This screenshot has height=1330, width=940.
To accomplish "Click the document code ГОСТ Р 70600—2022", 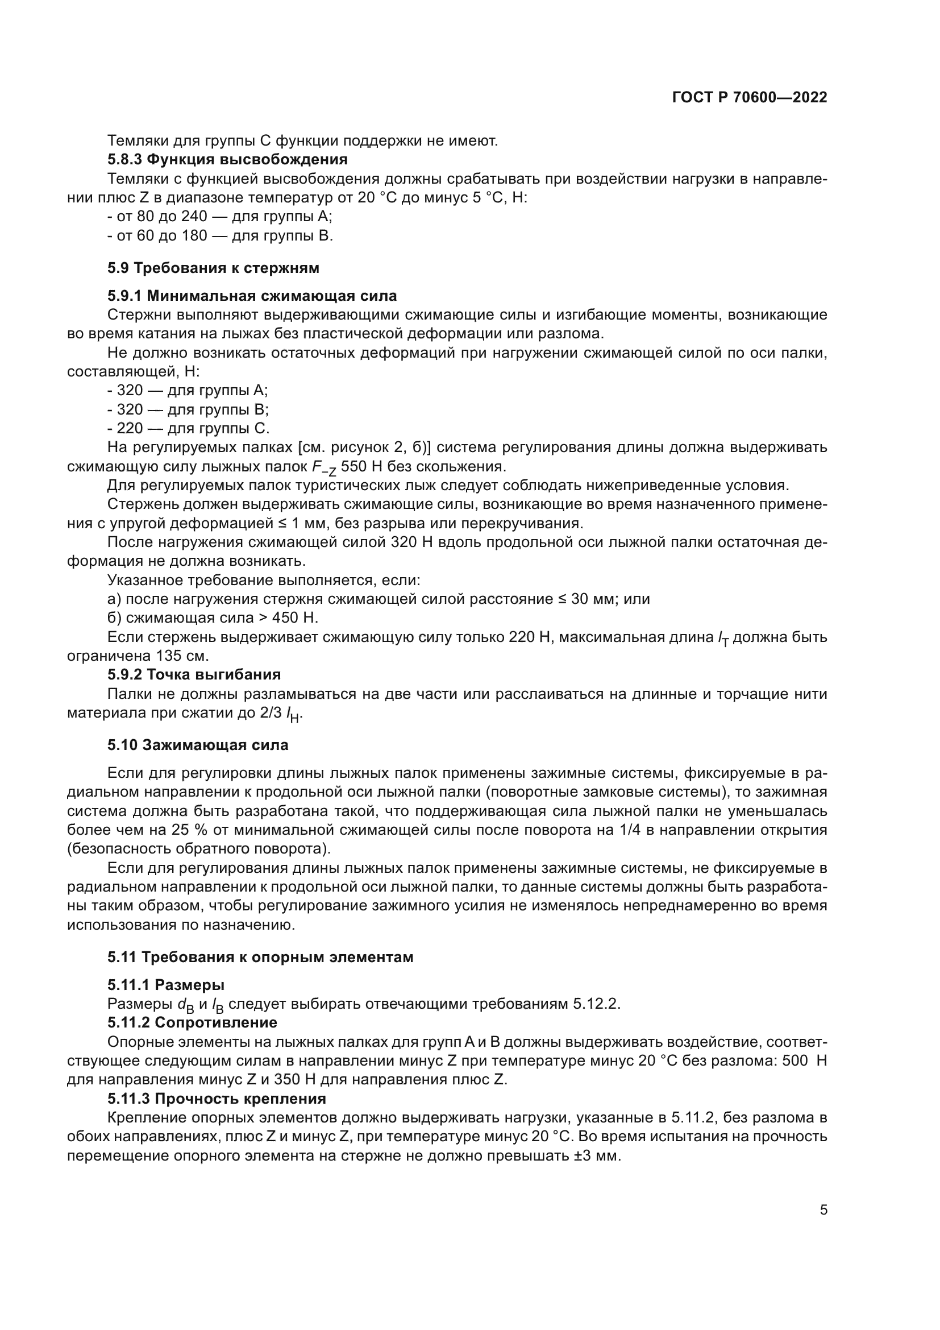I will pos(750,98).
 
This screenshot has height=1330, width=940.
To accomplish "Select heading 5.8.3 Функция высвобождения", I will pos(227,159).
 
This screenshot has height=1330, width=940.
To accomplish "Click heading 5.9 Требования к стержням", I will pos(213,268).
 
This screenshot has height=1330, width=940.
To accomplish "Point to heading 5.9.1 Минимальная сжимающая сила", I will pos(252,296).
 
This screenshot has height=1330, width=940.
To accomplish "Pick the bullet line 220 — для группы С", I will pos(189,429).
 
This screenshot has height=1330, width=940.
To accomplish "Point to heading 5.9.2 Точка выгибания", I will pos(194,675).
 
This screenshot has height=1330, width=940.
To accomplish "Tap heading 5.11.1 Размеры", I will pos(165,985).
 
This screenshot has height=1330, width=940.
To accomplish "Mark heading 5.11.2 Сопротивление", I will pos(192,1023).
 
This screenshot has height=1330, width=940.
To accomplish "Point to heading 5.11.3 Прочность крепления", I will pos(217,1099).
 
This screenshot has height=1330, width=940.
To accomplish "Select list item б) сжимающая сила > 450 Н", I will pos(213,618).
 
